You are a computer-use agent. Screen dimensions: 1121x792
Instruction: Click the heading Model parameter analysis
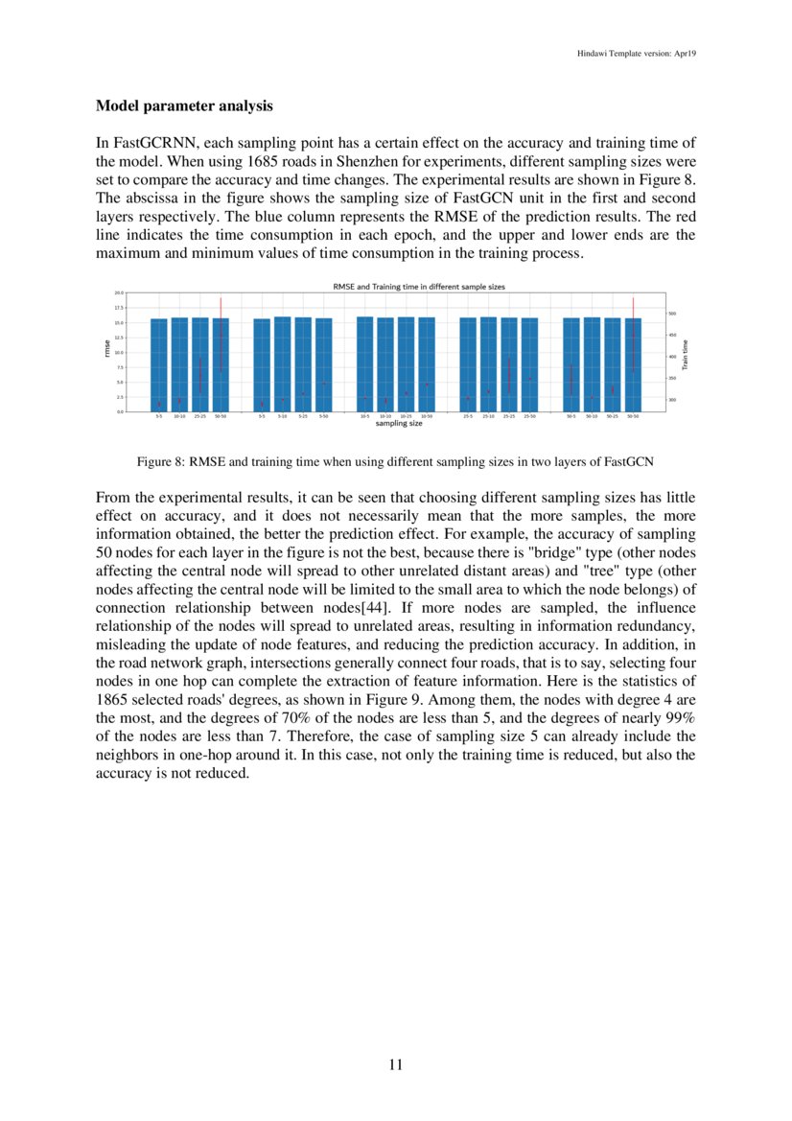coord(184,105)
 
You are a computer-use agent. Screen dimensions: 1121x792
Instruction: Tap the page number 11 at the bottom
coord(395,1064)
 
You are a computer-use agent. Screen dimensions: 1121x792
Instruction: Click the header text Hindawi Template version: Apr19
coord(629,54)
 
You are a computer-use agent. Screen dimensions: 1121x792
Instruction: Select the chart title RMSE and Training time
coord(418,287)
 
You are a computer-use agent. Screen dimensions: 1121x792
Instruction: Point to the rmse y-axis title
coord(107,352)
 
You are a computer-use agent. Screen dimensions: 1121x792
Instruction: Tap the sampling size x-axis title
coord(399,424)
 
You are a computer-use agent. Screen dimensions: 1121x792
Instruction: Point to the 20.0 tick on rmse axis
coord(119,292)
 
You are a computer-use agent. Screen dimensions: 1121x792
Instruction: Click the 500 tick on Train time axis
coord(672,314)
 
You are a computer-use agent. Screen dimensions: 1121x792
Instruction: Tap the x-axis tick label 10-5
coord(364,417)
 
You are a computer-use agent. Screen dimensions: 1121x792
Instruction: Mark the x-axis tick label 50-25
coord(612,417)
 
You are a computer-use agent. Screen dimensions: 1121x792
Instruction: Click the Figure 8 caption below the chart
coord(395,462)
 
